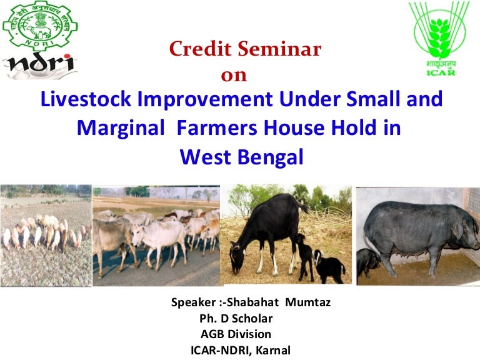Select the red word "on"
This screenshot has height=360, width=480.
coord(234,76)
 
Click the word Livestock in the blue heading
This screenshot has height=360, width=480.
coord(84,100)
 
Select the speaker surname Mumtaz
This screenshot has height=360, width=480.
coord(308,303)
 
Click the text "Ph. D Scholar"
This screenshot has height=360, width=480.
coord(237,319)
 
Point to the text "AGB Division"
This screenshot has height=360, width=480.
coord(236,334)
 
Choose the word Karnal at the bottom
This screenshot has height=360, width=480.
coord(271,350)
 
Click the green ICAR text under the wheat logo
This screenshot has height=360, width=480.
coord(441,72)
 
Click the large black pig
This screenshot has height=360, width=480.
coord(419,234)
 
